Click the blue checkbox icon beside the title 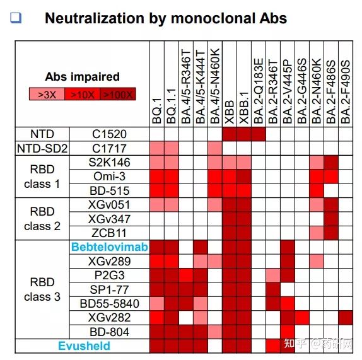[x=16, y=18]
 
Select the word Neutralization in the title [x=95, y=18]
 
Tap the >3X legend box [x=47, y=94]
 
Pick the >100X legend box [x=118, y=94]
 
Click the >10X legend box [x=83, y=94]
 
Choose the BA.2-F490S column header [x=346, y=91]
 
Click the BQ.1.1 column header [x=172, y=106]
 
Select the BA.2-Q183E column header [x=259, y=91]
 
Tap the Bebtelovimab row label [x=110, y=247]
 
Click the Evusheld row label [x=84, y=346]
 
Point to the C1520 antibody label [x=110, y=134]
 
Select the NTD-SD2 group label [x=42, y=149]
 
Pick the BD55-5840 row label [x=110, y=304]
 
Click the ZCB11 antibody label [x=110, y=233]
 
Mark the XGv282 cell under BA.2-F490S [x=346, y=318]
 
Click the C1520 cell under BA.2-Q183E [x=259, y=134]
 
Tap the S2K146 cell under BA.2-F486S [x=331, y=163]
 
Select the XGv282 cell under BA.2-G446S [x=302, y=318]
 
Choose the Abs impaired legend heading [x=83, y=77]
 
